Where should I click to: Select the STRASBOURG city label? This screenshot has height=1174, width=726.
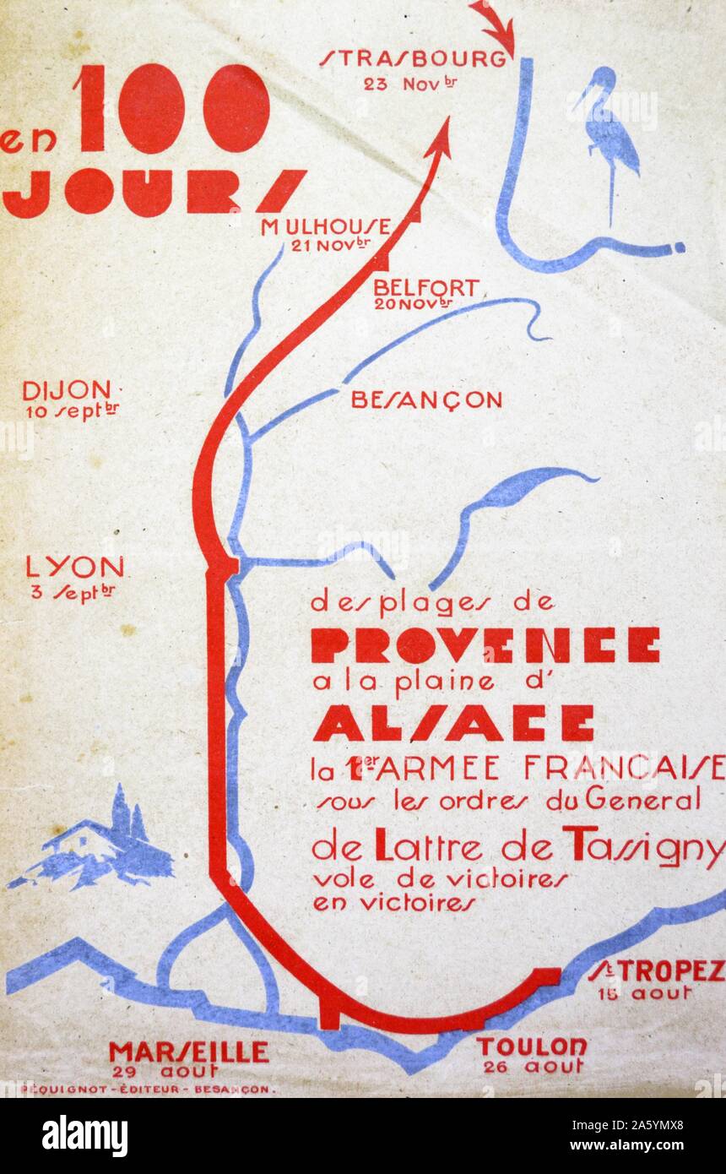[x=414, y=58]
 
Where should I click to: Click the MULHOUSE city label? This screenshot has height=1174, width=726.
[x=325, y=227]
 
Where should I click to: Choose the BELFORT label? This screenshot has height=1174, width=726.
[x=425, y=288]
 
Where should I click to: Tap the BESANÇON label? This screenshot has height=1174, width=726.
[x=426, y=399]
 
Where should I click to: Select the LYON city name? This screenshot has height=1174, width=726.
[x=74, y=567]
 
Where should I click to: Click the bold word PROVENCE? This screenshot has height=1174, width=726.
[x=485, y=646]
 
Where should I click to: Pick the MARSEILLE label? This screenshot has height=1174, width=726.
[x=188, y=1052]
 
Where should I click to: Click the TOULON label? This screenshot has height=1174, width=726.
[x=532, y=1047]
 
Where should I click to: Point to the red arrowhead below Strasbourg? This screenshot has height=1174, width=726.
[x=438, y=139]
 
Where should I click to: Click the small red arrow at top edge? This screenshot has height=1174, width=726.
[x=495, y=25]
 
